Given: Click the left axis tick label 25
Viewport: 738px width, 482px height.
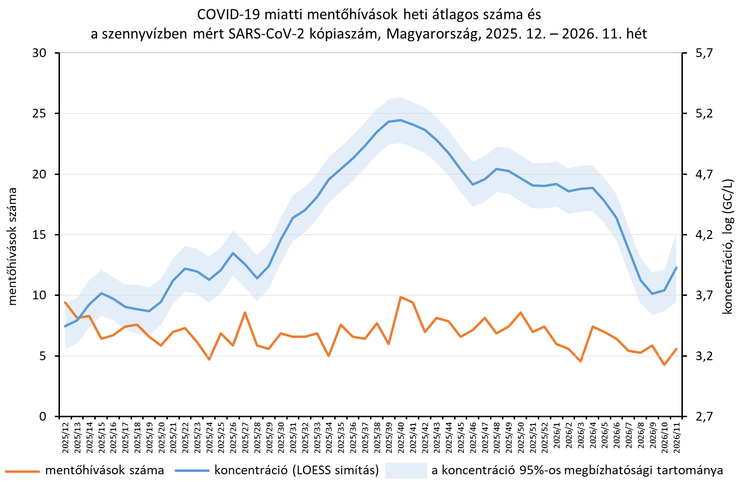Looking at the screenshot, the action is (39, 114).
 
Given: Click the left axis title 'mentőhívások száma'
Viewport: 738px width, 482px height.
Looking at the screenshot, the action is (12, 247).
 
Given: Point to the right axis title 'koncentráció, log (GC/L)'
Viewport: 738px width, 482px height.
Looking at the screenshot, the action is (728, 247).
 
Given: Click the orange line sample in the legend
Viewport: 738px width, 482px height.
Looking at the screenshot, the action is (22, 471).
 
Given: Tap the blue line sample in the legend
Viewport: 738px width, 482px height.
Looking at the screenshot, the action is (192, 471).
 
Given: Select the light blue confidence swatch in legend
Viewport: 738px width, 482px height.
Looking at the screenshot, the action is (406, 470).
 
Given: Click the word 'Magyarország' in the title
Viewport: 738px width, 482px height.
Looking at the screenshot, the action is (431, 34).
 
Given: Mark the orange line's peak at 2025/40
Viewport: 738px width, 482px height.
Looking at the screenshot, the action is (400, 297).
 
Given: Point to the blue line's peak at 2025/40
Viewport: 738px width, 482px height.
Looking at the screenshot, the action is (400, 120).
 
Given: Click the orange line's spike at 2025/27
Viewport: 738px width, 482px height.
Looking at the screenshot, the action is (245, 312).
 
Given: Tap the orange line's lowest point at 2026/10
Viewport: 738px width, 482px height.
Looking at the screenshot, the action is (664, 365).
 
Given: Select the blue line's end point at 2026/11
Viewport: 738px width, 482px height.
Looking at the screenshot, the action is (677, 267).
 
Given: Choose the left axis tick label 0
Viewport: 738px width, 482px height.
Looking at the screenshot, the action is (43, 417).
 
